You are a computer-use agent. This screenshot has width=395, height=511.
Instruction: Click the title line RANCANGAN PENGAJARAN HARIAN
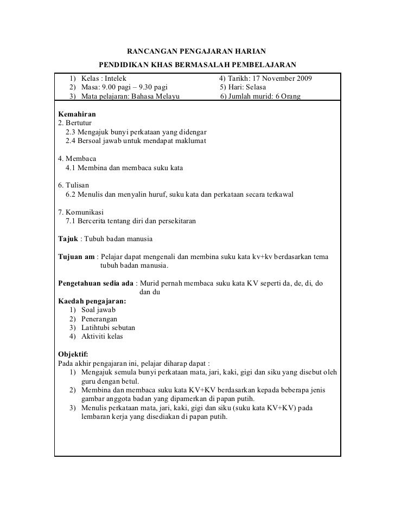click(196, 52)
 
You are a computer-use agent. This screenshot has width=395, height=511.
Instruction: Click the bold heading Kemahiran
click(77, 115)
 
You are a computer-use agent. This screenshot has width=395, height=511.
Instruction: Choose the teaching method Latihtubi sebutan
click(108, 327)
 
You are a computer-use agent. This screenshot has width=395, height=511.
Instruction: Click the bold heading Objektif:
click(73, 354)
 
